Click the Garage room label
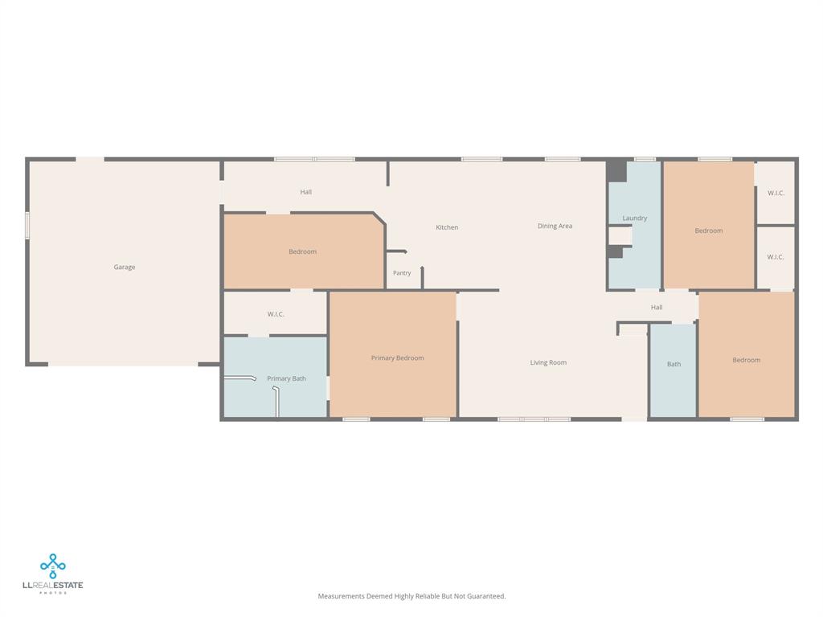[x=125, y=267]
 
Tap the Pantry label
[x=402, y=273]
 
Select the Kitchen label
[x=447, y=227]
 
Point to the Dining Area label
[x=555, y=226]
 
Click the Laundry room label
[x=635, y=219]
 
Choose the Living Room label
[x=548, y=362]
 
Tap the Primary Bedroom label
[x=397, y=358]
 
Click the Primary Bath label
[x=286, y=378]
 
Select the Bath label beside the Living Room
[x=674, y=364]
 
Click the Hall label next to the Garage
[x=306, y=192]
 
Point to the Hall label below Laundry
[x=657, y=308]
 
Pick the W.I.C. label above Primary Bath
[x=276, y=314]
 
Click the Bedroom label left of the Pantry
[x=302, y=251]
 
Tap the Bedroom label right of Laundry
[x=709, y=231]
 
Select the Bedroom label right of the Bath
[x=747, y=360]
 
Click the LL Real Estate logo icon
[x=53, y=566]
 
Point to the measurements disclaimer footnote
[x=411, y=596]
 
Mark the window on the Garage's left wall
[x=27, y=225]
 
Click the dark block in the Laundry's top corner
[x=616, y=171]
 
